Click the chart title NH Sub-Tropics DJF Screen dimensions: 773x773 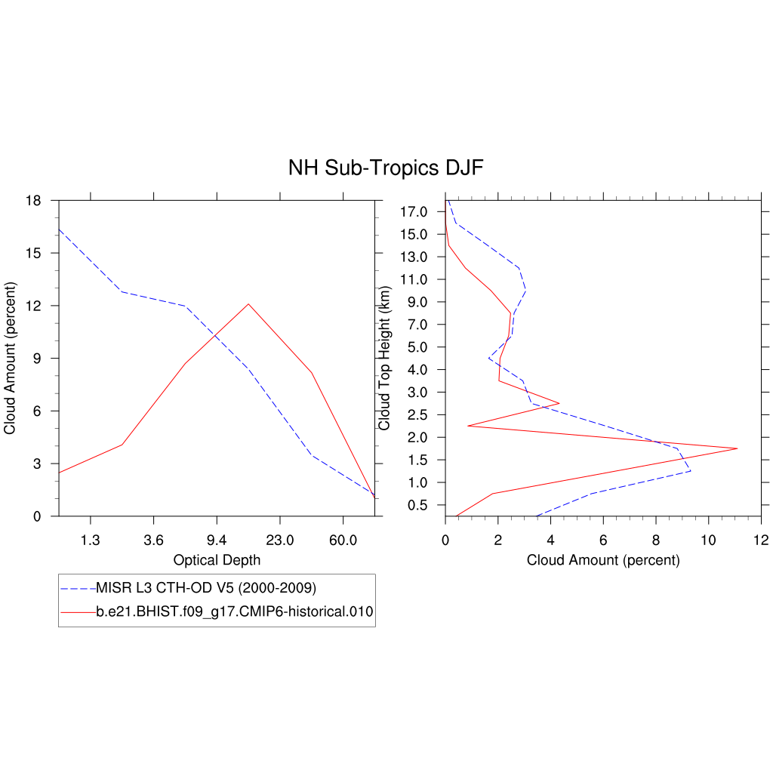(385, 168)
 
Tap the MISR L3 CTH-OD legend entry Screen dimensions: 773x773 (205, 587)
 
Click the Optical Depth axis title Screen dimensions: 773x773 (217, 560)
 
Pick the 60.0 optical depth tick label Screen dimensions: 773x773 (343, 540)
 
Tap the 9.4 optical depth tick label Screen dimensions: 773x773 (217, 540)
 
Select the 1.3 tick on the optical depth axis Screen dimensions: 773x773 (91, 540)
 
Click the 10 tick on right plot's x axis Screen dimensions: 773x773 (708, 540)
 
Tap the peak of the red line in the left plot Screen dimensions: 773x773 (248, 303)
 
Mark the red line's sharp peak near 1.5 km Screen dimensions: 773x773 (737, 448)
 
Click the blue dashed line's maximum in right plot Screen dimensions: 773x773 (691, 471)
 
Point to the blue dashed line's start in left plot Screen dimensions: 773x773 (59, 229)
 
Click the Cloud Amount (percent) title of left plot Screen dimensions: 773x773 (10, 359)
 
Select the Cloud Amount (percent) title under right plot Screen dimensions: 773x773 (603, 560)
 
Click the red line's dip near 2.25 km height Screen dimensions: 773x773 (468, 426)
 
